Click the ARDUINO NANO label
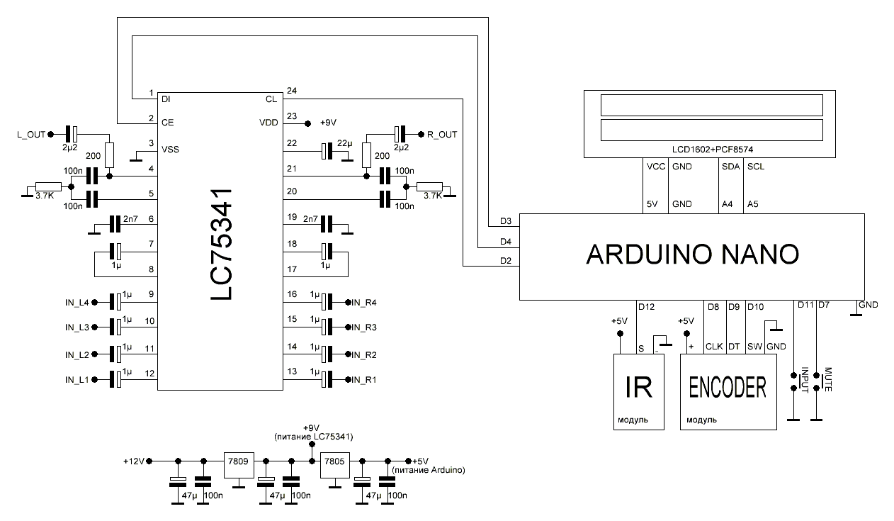pyautogui.click(x=692, y=254)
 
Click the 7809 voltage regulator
pyautogui.click(x=237, y=461)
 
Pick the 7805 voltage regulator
pyautogui.click(x=334, y=461)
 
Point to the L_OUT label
pyautogui.click(x=30, y=133)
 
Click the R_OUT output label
pyautogui.click(x=443, y=133)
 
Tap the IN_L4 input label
pyautogui.click(x=77, y=303)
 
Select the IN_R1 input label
pyautogui.click(x=365, y=379)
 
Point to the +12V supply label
pyautogui.click(x=134, y=461)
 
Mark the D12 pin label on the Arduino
pyautogui.click(x=646, y=307)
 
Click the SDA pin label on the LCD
pyautogui.click(x=728, y=167)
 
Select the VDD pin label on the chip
pyautogui.click(x=268, y=123)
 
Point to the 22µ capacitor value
pyautogui.click(x=344, y=144)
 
